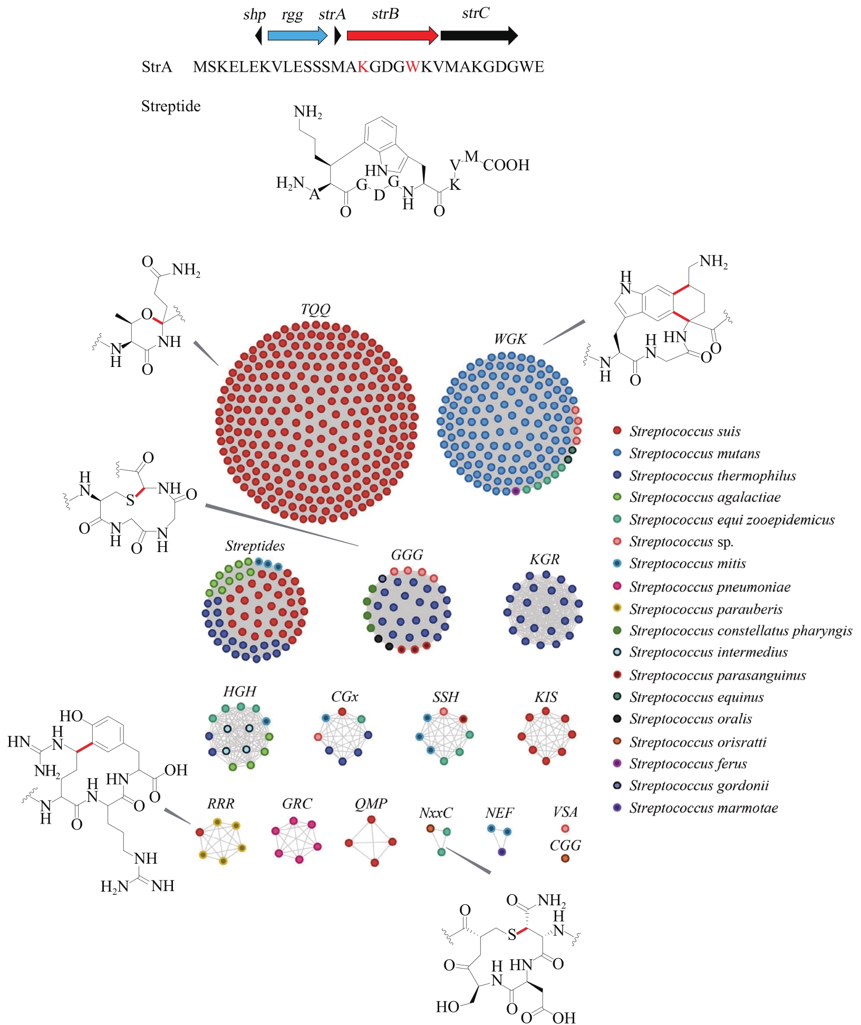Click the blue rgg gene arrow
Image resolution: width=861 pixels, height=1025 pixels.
pyautogui.click(x=297, y=35)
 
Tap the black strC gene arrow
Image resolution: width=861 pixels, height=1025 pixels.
pyautogui.click(x=479, y=35)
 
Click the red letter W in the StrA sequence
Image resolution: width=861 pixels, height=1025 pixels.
pyautogui.click(x=413, y=67)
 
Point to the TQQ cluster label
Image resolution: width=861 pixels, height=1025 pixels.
pyautogui.click(x=315, y=309)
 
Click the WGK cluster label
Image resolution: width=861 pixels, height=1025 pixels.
pyautogui.click(x=510, y=339)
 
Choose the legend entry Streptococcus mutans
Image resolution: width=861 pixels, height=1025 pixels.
pyautogui.click(x=694, y=453)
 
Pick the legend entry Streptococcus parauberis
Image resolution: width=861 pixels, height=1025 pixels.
pyautogui.click(x=705, y=609)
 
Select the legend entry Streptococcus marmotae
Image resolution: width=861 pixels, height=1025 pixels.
pyautogui.click(x=703, y=808)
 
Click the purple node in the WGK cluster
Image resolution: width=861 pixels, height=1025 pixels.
pyautogui.click(x=516, y=491)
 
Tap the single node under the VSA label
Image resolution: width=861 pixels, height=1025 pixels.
pyautogui.click(x=565, y=828)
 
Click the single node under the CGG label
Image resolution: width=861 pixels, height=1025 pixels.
pyautogui.click(x=565, y=858)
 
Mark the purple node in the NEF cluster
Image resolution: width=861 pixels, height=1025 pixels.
pyautogui.click(x=502, y=852)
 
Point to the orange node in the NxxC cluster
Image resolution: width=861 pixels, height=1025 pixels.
pyautogui.click(x=430, y=828)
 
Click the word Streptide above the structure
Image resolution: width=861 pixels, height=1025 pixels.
pyautogui.click(x=171, y=107)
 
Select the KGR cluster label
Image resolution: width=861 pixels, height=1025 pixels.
pyautogui.click(x=544, y=559)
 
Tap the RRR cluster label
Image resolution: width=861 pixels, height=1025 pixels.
pyautogui.click(x=220, y=804)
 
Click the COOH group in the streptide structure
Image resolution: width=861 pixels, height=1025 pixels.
pyautogui.click(x=506, y=165)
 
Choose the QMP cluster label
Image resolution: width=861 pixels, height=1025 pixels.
pyautogui.click(x=371, y=804)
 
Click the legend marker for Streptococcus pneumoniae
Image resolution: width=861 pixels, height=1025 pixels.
pyautogui.click(x=617, y=586)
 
